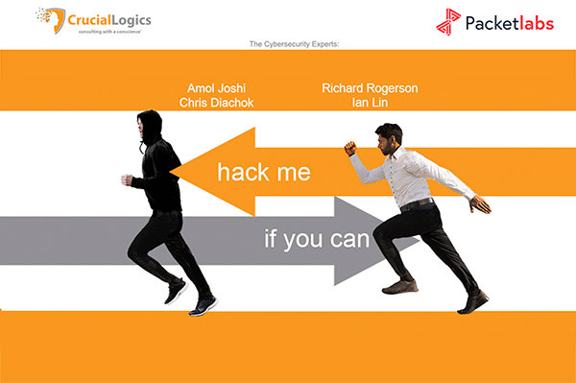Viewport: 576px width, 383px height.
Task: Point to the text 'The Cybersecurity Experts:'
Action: coord(288,44)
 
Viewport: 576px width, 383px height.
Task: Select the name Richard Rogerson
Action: coord(370,88)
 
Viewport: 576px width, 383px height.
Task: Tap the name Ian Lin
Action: coord(370,103)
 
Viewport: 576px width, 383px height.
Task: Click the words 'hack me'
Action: coord(263,173)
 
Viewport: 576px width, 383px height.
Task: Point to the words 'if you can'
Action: coord(316,239)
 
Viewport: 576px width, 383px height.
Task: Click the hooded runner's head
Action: coord(147,124)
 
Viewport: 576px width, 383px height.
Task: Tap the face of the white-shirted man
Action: coord(392,137)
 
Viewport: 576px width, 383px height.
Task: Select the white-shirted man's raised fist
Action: coord(350,148)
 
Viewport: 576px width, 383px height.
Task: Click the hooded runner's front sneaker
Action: coord(203,306)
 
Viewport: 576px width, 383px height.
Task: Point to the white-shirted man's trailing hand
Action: coord(479,204)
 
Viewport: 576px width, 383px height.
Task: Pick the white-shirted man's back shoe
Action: coord(473,302)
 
